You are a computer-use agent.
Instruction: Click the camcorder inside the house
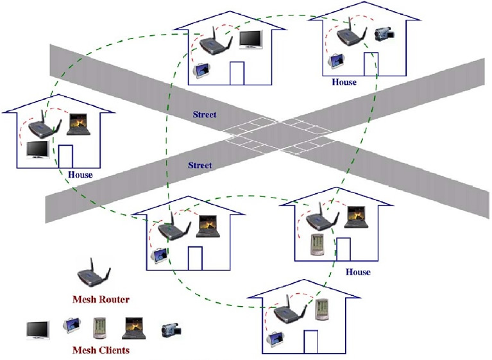coord(384,35)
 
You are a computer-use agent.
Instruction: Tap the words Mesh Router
coord(101,299)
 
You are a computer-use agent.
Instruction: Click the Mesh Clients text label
coord(101,350)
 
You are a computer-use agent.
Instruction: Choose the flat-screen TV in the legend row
coord(38,329)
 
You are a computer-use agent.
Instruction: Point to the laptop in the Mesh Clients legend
coord(135,327)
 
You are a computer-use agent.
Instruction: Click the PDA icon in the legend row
coord(98,328)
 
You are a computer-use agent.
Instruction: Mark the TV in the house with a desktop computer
coord(250,39)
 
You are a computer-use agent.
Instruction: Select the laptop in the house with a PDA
coord(355,218)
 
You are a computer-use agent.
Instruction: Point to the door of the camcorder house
coord(370,65)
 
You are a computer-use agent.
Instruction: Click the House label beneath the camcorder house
coord(344,82)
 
